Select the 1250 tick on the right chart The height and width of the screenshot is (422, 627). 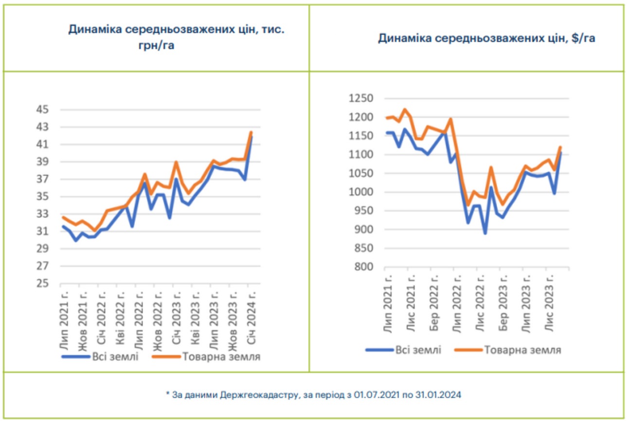tap(361, 99)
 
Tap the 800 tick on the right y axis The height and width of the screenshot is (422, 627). tap(364, 267)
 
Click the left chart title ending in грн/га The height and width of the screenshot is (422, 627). tap(176, 37)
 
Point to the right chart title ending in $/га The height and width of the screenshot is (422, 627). tap(486, 38)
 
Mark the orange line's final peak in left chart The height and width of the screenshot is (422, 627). tap(251, 132)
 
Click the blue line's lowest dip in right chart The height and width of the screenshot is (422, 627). tap(485, 233)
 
